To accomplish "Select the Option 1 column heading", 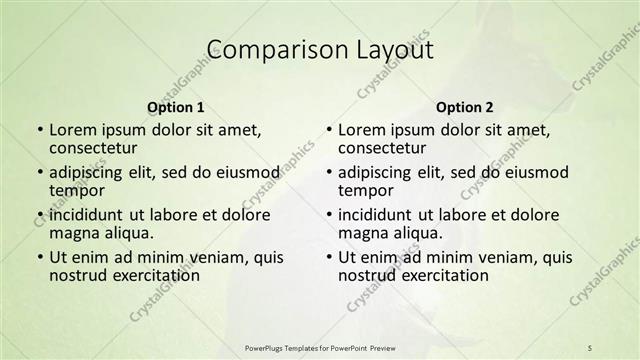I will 176,106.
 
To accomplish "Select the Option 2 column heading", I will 465,106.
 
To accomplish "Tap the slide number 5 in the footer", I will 590,347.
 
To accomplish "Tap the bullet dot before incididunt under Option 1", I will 39,216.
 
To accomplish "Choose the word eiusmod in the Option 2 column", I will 536,172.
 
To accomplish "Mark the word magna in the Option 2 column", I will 364,233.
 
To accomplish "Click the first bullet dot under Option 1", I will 39,131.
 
